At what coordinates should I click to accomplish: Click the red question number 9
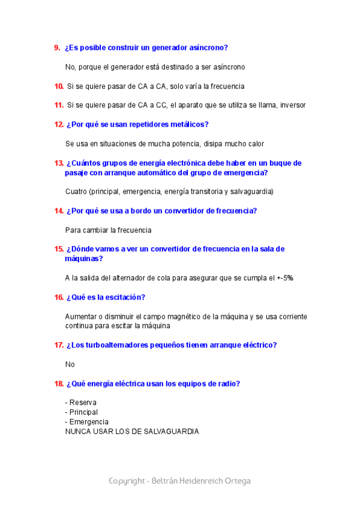pyautogui.click(x=57, y=47)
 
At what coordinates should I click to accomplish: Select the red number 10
pyautogui.click(x=59, y=86)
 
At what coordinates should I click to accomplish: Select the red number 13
pyautogui.click(x=59, y=163)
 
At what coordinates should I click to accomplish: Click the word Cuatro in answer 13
pyautogui.click(x=76, y=192)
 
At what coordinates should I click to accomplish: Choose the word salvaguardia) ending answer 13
pyautogui.click(x=253, y=192)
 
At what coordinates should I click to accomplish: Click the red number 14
pyautogui.click(x=59, y=211)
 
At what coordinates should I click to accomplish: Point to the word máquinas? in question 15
pyautogui.click(x=83, y=259)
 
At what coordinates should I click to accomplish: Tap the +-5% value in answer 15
pyautogui.click(x=285, y=278)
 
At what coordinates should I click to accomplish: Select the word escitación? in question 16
pyautogui.click(x=122, y=297)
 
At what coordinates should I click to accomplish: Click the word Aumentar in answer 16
pyautogui.click(x=81, y=316)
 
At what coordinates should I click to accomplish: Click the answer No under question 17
pyautogui.click(x=70, y=364)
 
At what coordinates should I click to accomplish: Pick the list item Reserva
pyautogui.click(x=83, y=403)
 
